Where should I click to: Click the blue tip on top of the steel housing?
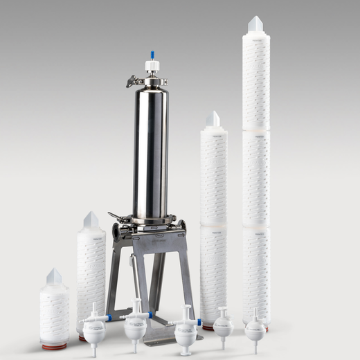point(152,55)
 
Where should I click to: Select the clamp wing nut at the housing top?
point(131,82)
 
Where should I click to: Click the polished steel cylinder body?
point(151,152)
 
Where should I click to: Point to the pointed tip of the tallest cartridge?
point(256,23)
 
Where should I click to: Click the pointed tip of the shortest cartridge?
point(54,276)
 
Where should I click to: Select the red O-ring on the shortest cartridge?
point(54,345)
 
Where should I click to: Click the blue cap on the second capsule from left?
point(149,316)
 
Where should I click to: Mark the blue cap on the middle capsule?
point(199,322)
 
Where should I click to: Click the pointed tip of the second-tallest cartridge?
point(213,118)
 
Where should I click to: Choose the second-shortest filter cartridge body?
point(91,277)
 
